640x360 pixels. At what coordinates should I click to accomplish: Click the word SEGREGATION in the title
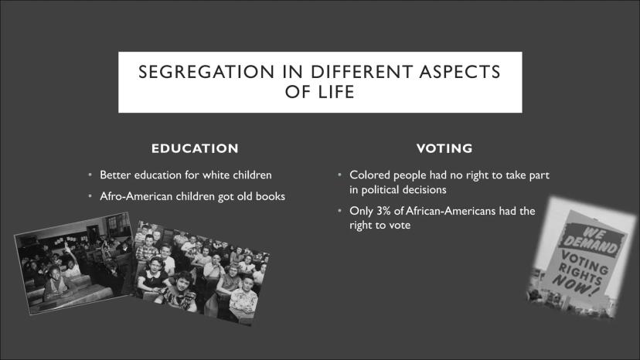click(x=206, y=72)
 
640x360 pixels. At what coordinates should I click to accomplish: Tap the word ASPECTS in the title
click(x=460, y=72)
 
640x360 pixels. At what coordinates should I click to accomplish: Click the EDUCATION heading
click(x=195, y=148)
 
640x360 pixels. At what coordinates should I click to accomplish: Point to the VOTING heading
click(x=444, y=148)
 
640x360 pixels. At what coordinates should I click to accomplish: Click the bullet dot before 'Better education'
click(x=90, y=175)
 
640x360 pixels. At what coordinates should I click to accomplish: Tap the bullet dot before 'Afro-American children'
click(x=90, y=196)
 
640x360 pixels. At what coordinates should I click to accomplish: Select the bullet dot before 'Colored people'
click(x=339, y=175)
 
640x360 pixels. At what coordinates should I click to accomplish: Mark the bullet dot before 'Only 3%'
click(x=339, y=211)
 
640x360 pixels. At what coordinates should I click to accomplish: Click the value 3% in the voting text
click(x=383, y=211)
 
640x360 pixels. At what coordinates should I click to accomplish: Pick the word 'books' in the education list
click(x=271, y=196)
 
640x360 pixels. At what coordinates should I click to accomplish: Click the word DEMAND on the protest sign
click(x=591, y=244)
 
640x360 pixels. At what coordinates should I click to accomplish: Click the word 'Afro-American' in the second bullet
click(x=136, y=196)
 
